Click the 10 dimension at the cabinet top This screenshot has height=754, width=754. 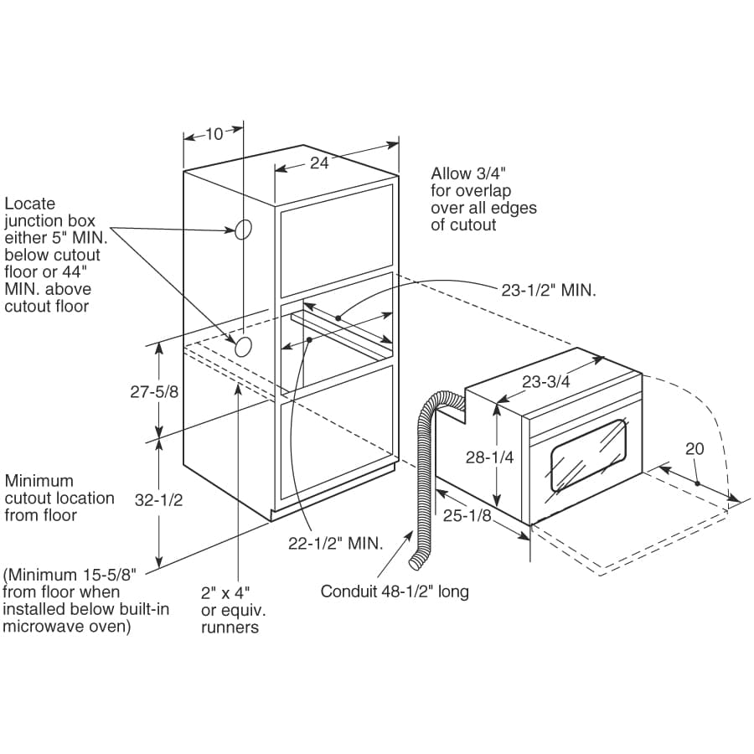pyautogui.click(x=214, y=134)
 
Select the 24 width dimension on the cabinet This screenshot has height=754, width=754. pyautogui.click(x=319, y=163)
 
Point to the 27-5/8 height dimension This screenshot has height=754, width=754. pyautogui.click(x=154, y=391)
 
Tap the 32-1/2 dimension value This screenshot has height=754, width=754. pyautogui.click(x=158, y=500)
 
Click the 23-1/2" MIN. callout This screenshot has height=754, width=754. pyautogui.click(x=550, y=291)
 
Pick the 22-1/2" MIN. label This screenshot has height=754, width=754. pyautogui.click(x=335, y=543)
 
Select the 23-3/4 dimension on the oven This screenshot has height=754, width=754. pyautogui.click(x=546, y=381)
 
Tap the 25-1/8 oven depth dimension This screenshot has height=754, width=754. pyautogui.click(x=467, y=516)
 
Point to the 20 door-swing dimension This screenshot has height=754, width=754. pyautogui.click(x=695, y=449)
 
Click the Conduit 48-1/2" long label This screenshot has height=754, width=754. pyautogui.click(x=395, y=591)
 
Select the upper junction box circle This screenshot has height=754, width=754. pyautogui.click(x=243, y=230)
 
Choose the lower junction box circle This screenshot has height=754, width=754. pyautogui.click(x=244, y=346)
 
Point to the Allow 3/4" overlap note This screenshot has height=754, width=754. pyautogui.click(x=483, y=199)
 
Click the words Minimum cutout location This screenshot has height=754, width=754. pyautogui.click(x=59, y=498)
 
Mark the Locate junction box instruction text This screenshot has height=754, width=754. pyautogui.click(x=52, y=255)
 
